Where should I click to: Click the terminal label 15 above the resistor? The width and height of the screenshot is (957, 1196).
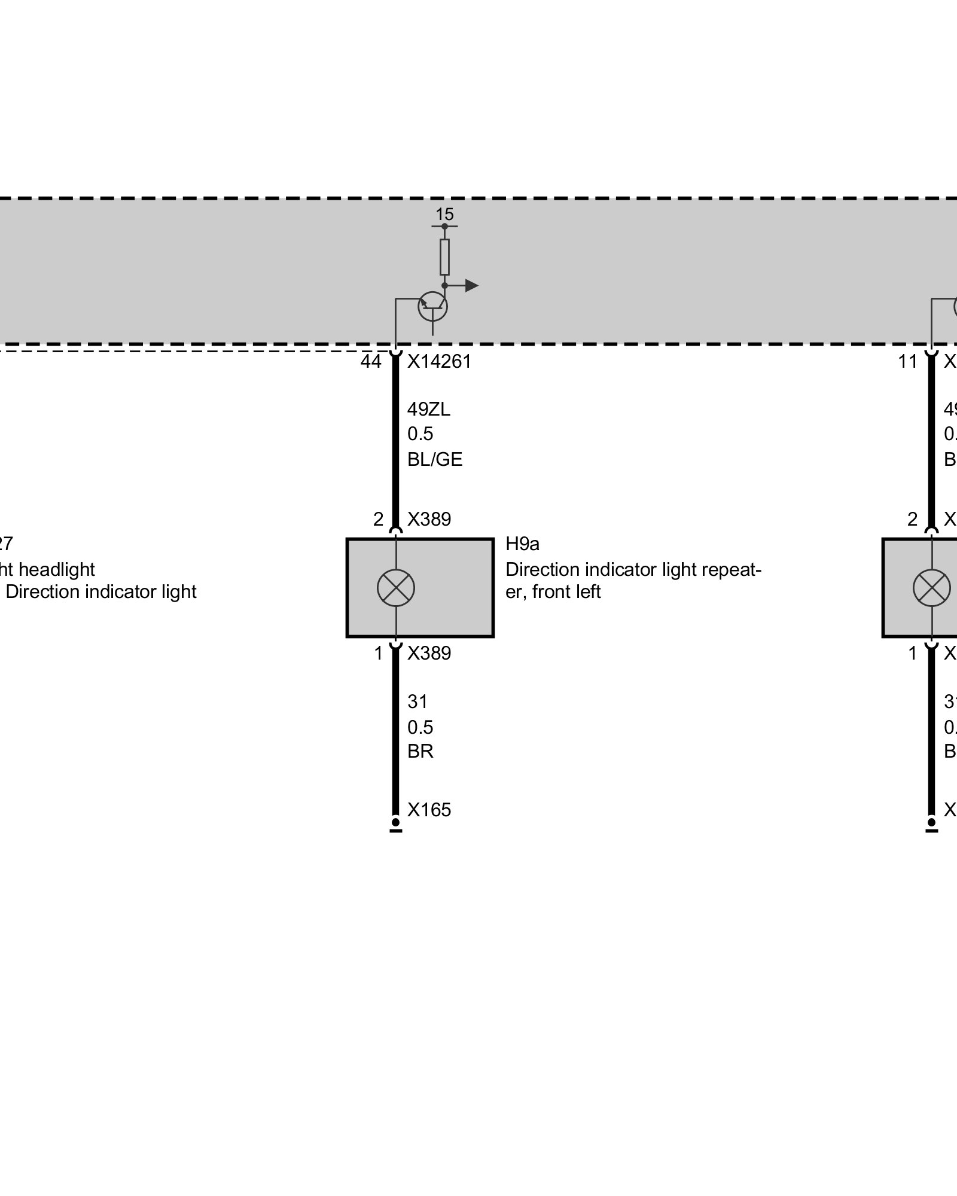point(444,214)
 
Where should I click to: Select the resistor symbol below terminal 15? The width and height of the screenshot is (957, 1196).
point(444,257)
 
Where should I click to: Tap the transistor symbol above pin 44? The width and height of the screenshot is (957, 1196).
point(432,306)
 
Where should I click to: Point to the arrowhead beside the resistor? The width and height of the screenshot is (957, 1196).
point(471,286)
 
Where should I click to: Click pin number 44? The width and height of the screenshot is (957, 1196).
point(371,362)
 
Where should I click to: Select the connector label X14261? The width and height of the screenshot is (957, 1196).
point(440,362)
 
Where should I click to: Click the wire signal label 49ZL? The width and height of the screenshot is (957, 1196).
point(429,410)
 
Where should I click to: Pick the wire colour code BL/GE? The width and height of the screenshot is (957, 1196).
point(435,459)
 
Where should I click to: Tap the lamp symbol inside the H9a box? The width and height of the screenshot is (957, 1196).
point(396,588)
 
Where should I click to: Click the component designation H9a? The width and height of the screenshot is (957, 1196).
point(522,544)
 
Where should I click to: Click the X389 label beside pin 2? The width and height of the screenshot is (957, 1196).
point(429,519)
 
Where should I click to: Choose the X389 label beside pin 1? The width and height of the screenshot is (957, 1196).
point(429,653)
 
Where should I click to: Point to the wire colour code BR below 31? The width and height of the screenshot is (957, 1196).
point(420,751)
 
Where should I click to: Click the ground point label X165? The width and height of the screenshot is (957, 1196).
point(429,810)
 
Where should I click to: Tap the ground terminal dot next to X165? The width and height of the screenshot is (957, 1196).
point(395,822)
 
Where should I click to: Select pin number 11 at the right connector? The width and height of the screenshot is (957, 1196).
point(907,362)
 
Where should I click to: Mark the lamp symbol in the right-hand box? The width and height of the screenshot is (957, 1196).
point(932,588)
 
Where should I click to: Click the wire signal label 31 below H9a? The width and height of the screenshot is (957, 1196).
point(417,701)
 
